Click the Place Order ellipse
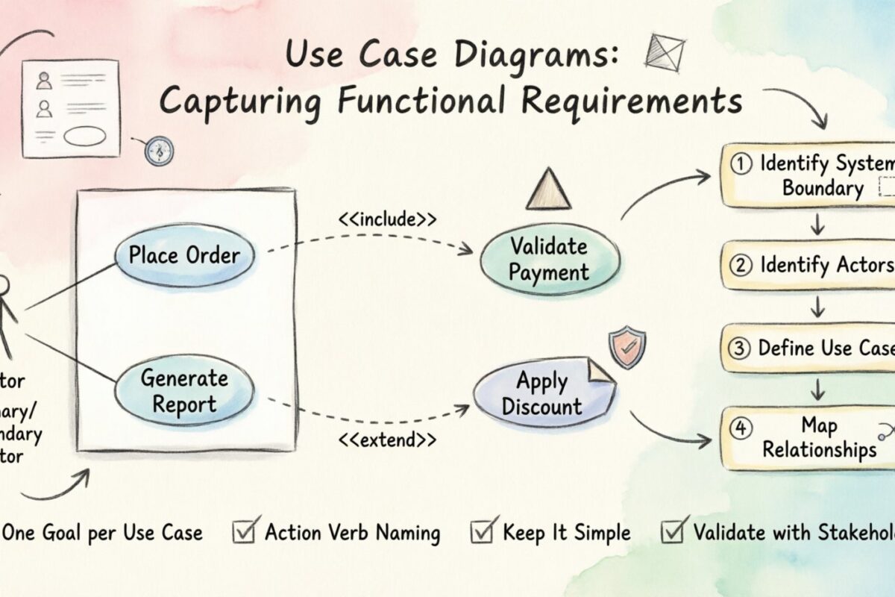[x=184, y=255]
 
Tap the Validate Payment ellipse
[x=549, y=258]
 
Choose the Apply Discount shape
[x=542, y=395]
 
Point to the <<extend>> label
[x=387, y=440]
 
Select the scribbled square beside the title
[x=666, y=53]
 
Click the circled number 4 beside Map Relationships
[x=739, y=428]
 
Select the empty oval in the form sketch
[x=85, y=137]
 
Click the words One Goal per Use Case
[x=102, y=533]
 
